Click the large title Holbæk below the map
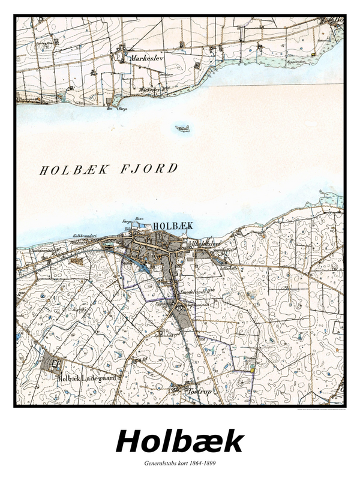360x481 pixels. [x=179, y=442]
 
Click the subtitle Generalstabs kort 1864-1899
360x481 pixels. [x=179, y=464]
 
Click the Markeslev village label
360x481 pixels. [x=146, y=59]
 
